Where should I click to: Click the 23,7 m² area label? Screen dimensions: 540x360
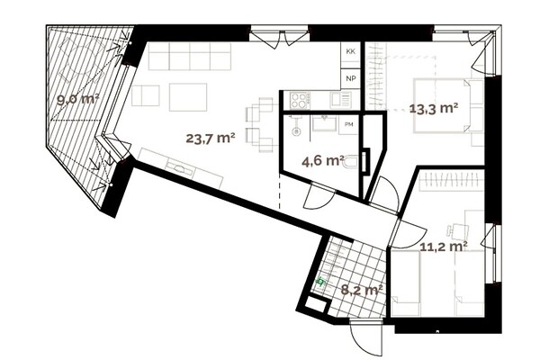coord(211,138)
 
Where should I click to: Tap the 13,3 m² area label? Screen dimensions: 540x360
coord(434,109)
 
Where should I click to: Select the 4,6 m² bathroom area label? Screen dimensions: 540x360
coord(323,160)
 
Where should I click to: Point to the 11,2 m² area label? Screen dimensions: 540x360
coord(444,246)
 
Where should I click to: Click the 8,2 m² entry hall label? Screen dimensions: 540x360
coord(362,290)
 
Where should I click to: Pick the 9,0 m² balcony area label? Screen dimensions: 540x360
coord(78,100)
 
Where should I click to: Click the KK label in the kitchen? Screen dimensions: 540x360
coord(351,51)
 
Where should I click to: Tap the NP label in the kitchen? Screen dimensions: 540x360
coord(351,78)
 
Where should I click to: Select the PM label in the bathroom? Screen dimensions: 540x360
coord(349,125)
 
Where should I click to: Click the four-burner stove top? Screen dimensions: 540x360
coord(299,100)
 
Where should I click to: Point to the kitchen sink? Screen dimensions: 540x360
coord(341,100)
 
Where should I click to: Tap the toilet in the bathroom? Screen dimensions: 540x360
coord(352,163)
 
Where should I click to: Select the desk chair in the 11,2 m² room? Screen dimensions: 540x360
coord(459,230)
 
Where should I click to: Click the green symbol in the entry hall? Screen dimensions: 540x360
coord(320,282)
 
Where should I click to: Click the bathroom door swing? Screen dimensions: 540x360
coord(319,195)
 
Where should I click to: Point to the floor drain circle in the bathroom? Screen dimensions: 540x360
coord(296,131)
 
